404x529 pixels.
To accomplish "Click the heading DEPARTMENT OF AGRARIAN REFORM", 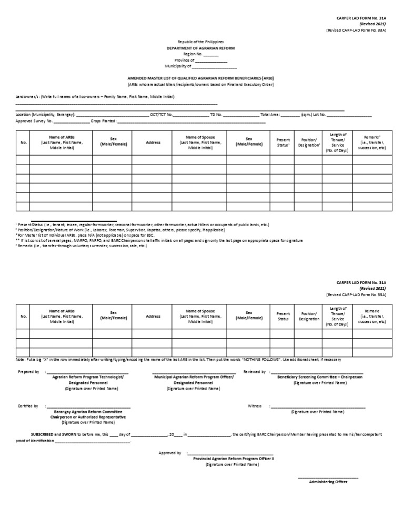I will pos(201,48).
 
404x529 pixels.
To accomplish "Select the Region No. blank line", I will pos(210,54).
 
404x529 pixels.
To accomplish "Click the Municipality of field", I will pos(215,67).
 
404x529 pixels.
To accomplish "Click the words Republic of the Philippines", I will pos(201,42).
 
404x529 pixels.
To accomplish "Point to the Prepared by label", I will pos(28,372).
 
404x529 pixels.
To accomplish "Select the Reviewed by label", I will pos(254,372).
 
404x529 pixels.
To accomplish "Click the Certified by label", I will pos(28,406).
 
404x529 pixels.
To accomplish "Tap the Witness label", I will pos(255,406).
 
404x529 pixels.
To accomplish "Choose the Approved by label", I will pos(170,452).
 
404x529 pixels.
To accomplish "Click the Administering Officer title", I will pos(328,482).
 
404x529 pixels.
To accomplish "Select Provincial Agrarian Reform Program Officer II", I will pos(230,459).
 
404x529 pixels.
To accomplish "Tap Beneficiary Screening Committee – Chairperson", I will pos(320,377).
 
